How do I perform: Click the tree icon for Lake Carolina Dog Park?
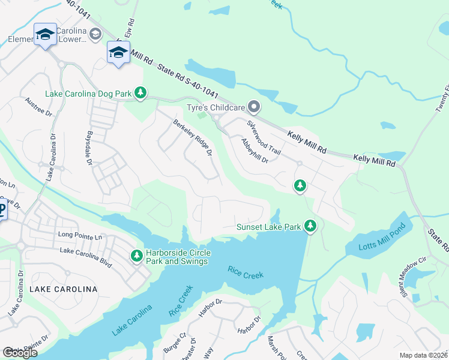pos(140,92)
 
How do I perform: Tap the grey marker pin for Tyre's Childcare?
pos(254,107)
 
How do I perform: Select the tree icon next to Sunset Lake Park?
pos(310,226)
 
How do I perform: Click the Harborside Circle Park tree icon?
pos(137,256)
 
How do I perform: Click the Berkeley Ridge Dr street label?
pos(193,137)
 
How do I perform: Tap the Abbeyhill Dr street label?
pos(253,150)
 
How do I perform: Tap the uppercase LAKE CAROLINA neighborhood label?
pos(63,289)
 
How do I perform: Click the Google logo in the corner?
pos(20,353)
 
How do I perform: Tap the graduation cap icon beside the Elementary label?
pos(46,34)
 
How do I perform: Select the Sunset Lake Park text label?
pos(268,226)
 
